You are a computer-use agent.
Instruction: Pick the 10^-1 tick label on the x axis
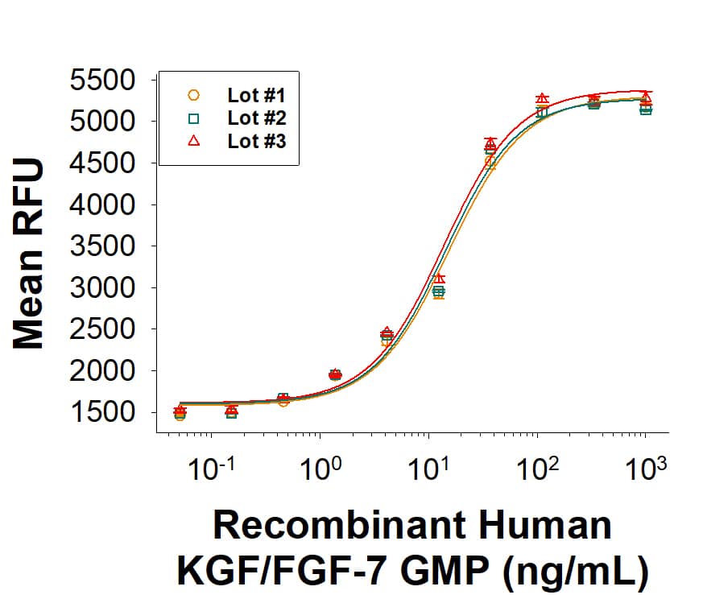[x=211, y=469]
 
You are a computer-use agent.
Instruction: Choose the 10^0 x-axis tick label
[x=320, y=469]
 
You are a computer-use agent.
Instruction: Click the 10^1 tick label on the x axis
[x=428, y=469]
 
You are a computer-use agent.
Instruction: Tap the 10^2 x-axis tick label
[x=537, y=469]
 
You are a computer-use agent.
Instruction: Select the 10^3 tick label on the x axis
[x=646, y=469]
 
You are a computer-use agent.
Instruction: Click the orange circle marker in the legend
[x=193, y=96]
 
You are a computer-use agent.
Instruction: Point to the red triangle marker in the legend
[x=193, y=141]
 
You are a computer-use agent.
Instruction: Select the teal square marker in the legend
[x=193, y=118]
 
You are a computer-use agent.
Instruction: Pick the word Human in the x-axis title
[x=540, y=525]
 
